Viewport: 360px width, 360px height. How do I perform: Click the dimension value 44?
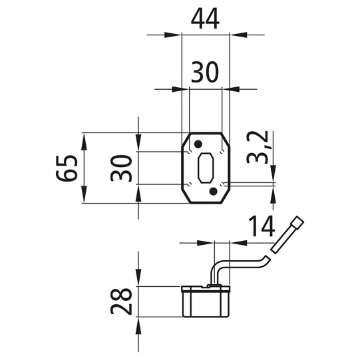[205, 19]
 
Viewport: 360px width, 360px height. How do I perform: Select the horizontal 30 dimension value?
[204, 72]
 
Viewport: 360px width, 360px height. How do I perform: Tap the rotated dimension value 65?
[67, 168]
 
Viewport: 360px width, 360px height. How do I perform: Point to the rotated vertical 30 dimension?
[121, 168]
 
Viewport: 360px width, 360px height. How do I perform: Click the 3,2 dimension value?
[257, 148]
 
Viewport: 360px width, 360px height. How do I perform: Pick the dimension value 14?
[262, 226]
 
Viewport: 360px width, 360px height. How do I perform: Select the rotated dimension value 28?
[121, 301]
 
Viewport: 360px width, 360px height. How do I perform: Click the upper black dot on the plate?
[198, 144]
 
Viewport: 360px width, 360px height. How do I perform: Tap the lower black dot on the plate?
[214, 191]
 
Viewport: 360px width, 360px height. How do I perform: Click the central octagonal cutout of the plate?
[206, 168]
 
